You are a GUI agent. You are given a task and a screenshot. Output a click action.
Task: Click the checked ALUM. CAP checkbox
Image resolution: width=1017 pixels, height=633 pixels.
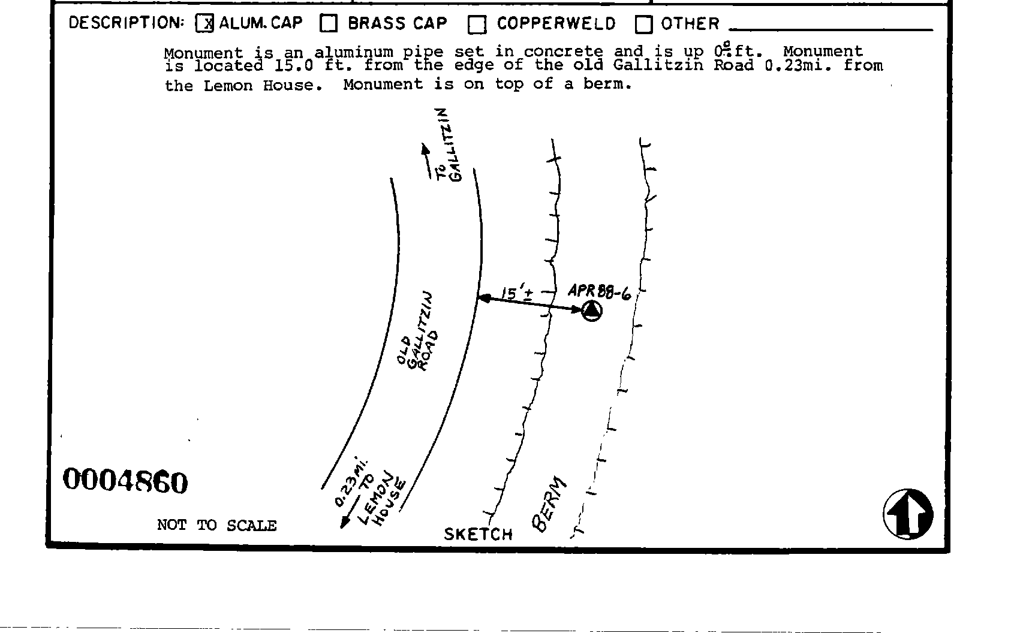pyautogui.click(x=204, y=23)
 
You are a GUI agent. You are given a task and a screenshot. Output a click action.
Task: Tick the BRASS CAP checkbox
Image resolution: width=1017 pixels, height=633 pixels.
pyautogui.click(x=329, y=23)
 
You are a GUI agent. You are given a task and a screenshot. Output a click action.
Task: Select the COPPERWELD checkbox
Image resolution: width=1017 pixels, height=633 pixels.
pyautogui.click(x=477, y=25)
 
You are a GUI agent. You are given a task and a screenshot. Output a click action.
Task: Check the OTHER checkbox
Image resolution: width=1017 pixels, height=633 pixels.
pyautogui.click(x=643, y=25)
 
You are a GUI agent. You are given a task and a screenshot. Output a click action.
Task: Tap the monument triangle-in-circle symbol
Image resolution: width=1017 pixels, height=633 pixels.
pyautogui.click(x=592, y=311)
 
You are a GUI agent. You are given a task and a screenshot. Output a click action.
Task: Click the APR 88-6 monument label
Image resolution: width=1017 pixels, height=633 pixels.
pyautogui.click(x=598, y=292)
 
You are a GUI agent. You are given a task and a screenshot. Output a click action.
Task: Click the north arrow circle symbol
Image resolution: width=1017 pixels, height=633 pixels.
pyautogui.click(x=908, y=514)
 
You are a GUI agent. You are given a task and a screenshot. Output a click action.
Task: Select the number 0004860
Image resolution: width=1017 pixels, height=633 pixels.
pyautogui.click(x=125, y=481)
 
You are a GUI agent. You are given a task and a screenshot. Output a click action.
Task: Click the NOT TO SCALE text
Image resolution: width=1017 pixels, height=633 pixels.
pyautogui.click(x=216, y=525)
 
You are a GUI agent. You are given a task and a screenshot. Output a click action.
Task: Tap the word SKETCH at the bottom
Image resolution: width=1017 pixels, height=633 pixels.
pyautogui.click(x=478, y=534)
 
